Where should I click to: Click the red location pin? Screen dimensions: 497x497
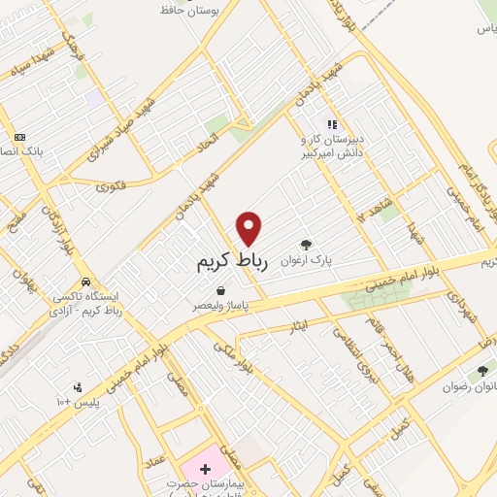250,228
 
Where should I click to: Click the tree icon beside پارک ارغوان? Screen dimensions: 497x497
307,245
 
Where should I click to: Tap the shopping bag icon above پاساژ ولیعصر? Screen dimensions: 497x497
222,290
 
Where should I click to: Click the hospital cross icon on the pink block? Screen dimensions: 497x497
205,470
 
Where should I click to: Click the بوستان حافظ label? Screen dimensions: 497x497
211,10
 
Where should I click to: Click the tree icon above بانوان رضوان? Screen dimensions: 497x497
481,368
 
